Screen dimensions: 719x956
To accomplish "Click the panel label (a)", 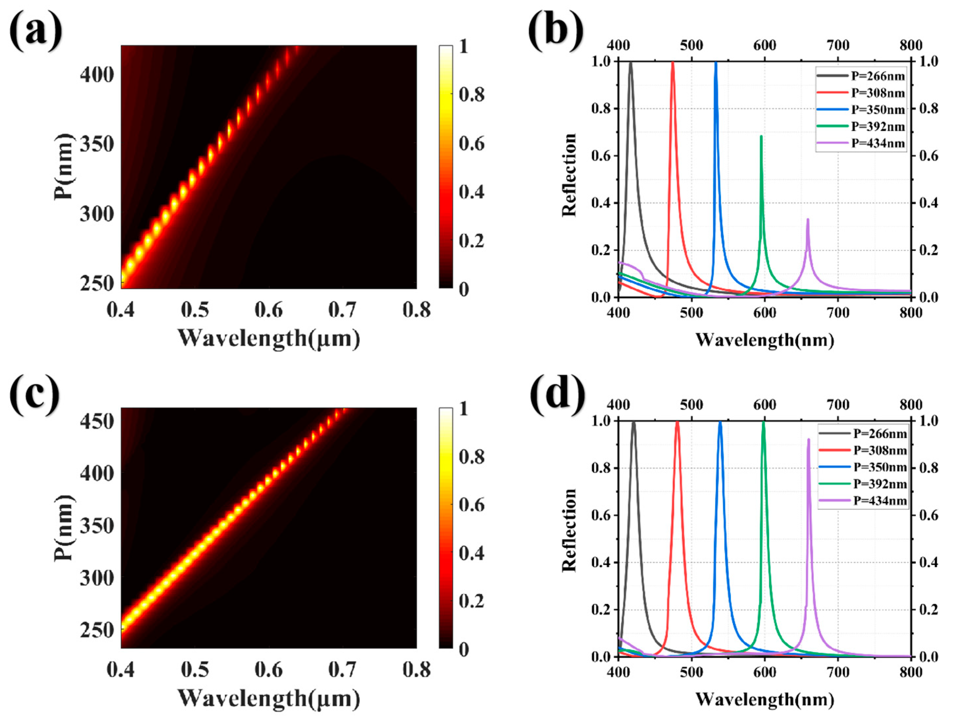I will pos(36,31).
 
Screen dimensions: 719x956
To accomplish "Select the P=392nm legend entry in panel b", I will pos(877,126).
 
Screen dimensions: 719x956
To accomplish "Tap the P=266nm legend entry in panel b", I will pos(877,76).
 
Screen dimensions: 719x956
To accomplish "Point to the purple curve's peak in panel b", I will pos(807,219).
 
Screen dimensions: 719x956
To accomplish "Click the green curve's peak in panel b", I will pos(761,136).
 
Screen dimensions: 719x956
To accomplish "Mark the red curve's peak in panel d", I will pos(677,422).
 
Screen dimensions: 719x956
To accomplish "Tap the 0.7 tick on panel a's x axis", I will pos(342,310).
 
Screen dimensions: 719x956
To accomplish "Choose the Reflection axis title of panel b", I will pos(570,175).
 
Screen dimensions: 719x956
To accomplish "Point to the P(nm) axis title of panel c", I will pos(63,528).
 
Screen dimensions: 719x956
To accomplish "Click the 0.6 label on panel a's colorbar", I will pos(471,143).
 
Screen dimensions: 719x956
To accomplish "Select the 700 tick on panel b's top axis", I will pos(838,45).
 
